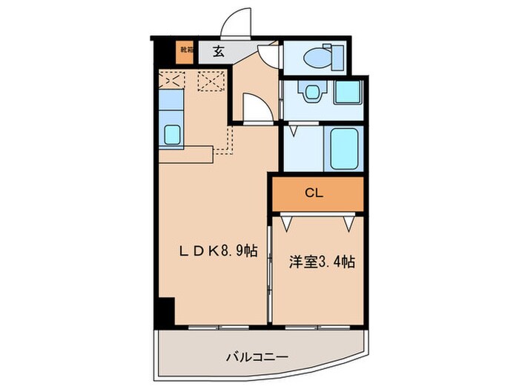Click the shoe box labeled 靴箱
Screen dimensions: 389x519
click(183, 52)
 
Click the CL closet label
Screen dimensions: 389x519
click(316, 193)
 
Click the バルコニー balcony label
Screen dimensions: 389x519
click(257, 357)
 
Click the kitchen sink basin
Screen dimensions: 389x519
click(172, 134)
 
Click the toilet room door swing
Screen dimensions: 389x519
click(268, 54)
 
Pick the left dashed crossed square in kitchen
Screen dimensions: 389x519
click(172, 79)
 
